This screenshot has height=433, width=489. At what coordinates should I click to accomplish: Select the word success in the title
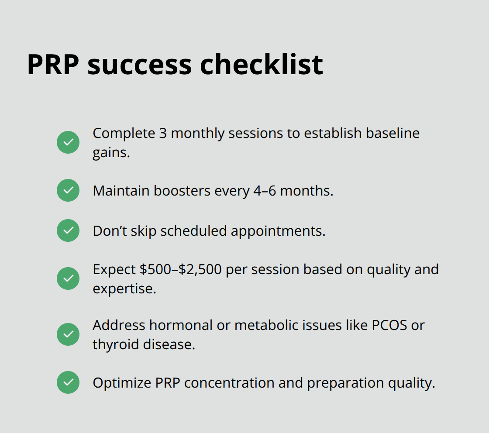click(139, 65)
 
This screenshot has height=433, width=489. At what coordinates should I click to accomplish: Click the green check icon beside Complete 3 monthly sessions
click(68, 142)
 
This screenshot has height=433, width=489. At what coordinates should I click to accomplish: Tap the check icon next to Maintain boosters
click(68, 190)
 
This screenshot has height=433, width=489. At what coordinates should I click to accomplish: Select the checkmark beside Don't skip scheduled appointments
click(68, 230)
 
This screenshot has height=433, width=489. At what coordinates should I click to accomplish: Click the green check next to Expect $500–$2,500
click(68, 278)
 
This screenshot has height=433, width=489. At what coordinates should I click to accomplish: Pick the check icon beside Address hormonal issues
click(68, 334)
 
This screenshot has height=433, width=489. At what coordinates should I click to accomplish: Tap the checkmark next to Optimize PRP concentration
click(68, 382)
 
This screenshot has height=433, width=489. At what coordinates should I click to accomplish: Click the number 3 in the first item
click(163, 133)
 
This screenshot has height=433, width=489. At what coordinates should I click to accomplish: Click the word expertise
click(124, 289)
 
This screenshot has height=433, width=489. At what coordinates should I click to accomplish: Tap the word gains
click(111, 153)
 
